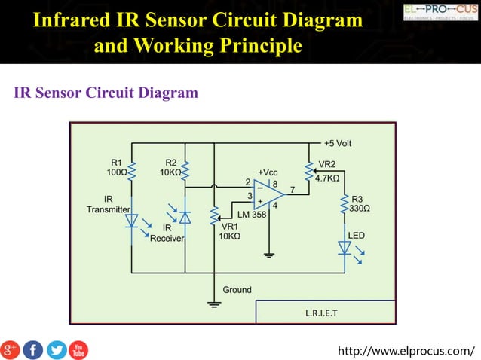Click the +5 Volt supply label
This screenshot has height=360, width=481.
click(x=337, y=143)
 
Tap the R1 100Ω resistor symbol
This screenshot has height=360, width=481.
click(x=131, y=172)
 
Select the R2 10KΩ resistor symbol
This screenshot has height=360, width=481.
click(x=185, y=172)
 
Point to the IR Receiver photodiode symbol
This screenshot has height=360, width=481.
click(x=185, y=216)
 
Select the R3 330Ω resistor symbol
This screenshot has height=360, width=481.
click(x=344, y=203)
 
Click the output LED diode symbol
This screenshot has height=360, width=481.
click(x=344, y=246)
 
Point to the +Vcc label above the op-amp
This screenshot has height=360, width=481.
click(x=268, y=172)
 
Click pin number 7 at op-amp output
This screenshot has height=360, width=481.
click(x=291, y=188)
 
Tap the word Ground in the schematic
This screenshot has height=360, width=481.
click(x=237, y=290)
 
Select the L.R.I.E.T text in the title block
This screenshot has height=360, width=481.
click(x=321, y=312)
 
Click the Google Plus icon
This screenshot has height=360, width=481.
click(x=10, y=349)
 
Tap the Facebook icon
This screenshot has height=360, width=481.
click(x=33, y=349)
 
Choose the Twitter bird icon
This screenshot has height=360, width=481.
click(x=57, y=349)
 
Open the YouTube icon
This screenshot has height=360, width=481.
click(x=78, y=349)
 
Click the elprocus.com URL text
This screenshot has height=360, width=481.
click(x=407, y=350)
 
